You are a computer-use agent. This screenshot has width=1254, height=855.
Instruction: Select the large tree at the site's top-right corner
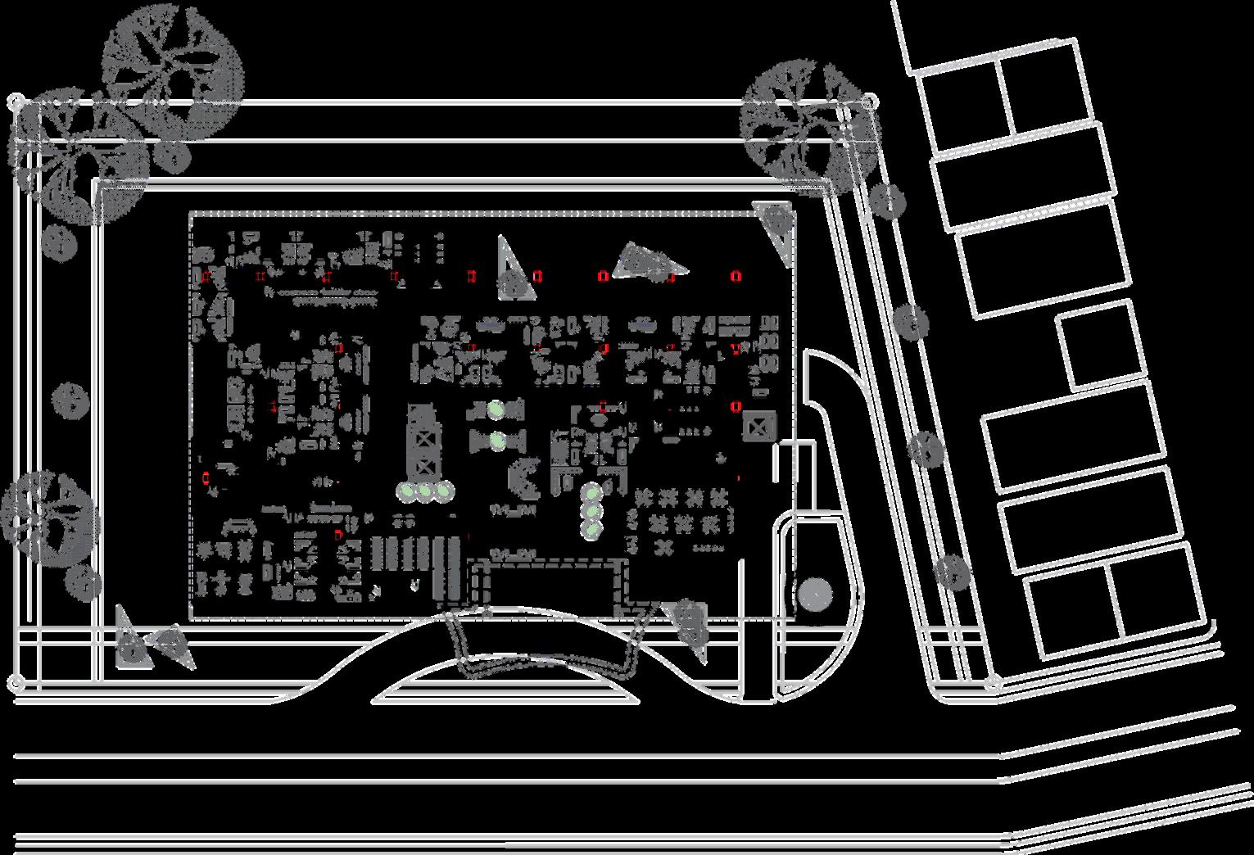pos(807,127)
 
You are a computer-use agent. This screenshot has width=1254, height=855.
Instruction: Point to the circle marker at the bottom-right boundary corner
pos(994,681)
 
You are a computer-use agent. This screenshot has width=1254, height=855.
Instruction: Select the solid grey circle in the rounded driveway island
pos(814,594)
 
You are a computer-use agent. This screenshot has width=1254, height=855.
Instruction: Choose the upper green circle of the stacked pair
pos(496,409)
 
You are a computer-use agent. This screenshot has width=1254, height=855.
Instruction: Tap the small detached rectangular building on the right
pos(1102,344)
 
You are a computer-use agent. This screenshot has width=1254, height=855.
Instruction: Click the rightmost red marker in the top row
pos(736,276)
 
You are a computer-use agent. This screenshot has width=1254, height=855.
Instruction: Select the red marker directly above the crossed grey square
pos(736,405)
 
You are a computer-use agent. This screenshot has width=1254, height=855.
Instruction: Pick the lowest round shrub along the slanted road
pos(952,573)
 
